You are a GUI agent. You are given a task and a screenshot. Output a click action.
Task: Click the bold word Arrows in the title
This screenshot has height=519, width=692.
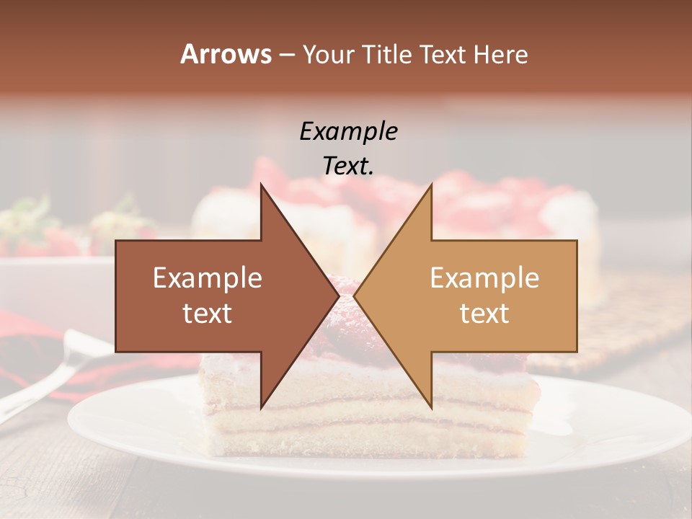(x=226, y=54)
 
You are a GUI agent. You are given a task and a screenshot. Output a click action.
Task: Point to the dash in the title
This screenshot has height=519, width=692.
(x=286, y=55)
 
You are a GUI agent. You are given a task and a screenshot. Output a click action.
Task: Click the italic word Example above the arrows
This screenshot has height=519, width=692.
(x=348, y=132)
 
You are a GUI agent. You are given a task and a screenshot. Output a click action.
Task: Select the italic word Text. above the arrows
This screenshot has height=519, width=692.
(x=348, y=167)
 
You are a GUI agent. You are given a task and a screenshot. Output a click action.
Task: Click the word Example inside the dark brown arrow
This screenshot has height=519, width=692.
(x=208, y=278)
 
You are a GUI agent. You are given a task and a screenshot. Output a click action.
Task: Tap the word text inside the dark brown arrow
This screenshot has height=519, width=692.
(x=208, y=314)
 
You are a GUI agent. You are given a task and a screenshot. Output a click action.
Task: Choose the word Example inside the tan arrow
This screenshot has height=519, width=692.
(x=484, y=278)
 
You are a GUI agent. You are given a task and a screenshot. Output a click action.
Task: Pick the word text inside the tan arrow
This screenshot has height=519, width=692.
(x=484, y=314)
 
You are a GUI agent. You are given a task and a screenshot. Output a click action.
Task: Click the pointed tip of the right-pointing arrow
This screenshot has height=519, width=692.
(x=339, y=296)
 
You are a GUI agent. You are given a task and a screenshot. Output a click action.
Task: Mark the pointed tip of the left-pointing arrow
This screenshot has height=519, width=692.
(x=355, y=296)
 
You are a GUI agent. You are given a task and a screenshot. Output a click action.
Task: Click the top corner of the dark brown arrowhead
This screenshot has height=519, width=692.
(x=262, y=185)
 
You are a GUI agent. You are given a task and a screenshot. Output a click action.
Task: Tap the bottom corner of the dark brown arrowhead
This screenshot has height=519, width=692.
(x=262, y=408)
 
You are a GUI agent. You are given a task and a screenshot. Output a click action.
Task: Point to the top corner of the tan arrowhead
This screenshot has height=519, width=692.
(x=431, y=185)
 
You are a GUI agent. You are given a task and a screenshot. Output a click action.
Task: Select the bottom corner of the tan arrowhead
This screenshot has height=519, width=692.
(x=431, y=408)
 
